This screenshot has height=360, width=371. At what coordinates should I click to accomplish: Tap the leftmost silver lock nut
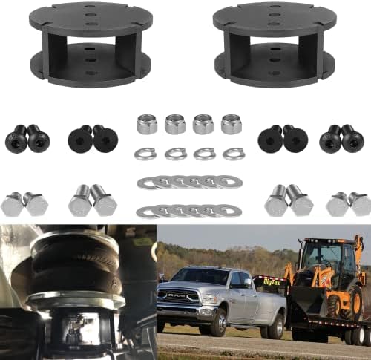146,124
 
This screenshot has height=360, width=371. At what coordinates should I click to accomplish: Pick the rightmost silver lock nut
231,124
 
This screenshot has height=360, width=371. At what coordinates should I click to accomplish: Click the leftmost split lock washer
145,154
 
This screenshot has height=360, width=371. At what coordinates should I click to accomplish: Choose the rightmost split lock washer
234,154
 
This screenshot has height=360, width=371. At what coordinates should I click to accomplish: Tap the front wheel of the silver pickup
218,322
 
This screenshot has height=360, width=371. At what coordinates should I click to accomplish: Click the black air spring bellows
75,264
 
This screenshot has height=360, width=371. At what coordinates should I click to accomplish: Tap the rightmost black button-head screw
352,138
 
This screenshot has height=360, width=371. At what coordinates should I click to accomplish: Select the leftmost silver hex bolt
12,204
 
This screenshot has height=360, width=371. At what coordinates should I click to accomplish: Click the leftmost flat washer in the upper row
149,183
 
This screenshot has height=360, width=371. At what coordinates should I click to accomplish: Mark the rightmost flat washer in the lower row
229,211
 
